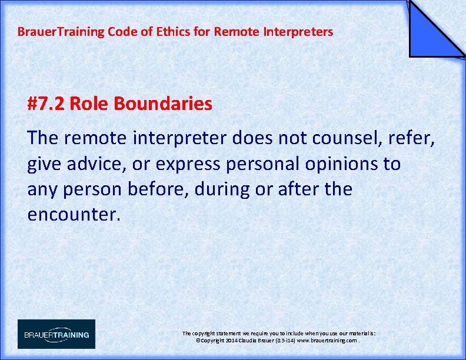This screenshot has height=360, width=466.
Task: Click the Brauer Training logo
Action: (x=56, y=334)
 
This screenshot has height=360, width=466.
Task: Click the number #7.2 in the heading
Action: (x=46, y=104)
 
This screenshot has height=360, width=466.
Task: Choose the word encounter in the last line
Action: (x=74, y=214)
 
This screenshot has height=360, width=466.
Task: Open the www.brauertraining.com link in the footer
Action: (x=327, y=341)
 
